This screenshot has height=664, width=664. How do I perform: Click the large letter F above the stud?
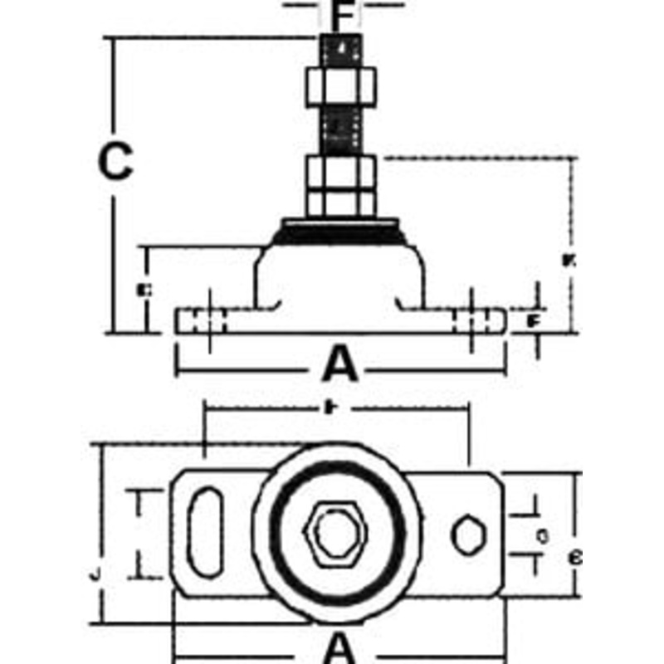(x=343, y=14)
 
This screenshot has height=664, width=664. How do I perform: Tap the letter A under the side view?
(x=340, y=364)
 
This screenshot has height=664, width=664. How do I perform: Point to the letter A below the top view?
(x=340, y=647)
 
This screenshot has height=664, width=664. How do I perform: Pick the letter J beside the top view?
(x=96, y=573)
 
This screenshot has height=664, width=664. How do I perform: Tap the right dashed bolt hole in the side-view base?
(x=474, y=320)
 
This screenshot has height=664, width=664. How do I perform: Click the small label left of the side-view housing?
(x=144, y=290)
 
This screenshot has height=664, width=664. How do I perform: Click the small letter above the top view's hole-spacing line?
(x=330, y=407)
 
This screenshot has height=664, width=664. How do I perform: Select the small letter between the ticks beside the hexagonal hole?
(x=541, y=536)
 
